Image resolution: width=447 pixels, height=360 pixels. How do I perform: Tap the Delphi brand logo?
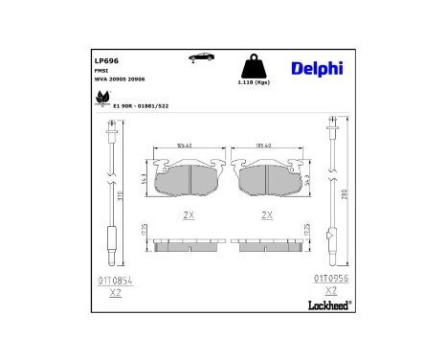[315, 68]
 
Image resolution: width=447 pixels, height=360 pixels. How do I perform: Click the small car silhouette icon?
[204, 58]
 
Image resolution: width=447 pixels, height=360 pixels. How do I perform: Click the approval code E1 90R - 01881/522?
[140, 106]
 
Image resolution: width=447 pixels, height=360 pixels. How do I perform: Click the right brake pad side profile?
[267, 244]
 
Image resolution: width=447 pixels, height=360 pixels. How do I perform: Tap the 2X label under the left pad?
[188, 215]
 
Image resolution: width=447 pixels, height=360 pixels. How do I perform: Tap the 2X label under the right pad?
[267, 215]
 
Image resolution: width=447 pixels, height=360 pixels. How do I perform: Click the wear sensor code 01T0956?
[331, 279]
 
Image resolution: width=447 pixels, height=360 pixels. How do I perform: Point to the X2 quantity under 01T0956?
[331, 290]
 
